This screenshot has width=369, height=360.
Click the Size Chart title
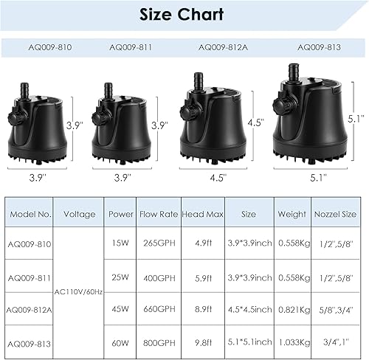point(184,15)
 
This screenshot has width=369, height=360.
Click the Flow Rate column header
point(157,214)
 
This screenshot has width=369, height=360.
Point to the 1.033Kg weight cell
point(292,342)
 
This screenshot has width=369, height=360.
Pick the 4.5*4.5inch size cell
point(247,310)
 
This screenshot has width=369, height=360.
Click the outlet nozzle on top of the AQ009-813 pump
point(292,72)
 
